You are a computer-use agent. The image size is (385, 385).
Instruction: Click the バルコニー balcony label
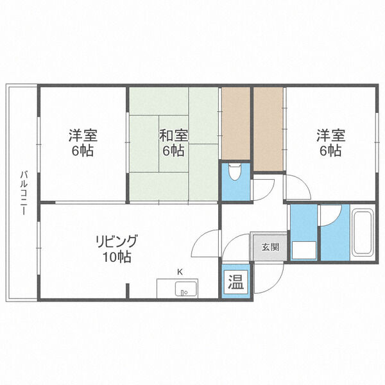23,193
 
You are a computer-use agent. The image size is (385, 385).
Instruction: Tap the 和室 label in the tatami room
174,135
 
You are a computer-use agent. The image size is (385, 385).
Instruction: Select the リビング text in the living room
116,241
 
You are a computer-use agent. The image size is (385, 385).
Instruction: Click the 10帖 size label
117,257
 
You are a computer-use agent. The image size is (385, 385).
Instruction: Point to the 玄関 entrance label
270,247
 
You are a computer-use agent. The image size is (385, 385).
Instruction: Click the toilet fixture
235,172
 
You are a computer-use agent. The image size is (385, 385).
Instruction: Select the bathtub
363,233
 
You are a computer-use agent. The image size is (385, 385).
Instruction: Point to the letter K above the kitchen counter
180,272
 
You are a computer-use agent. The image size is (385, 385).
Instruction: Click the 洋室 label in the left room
83,135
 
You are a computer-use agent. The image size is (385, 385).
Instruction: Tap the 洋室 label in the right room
330,135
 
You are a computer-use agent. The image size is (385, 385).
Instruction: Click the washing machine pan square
304,250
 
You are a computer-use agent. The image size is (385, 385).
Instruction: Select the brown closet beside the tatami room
235,123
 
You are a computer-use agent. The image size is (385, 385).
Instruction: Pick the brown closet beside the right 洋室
268,129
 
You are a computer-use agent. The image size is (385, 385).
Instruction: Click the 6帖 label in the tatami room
173,151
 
